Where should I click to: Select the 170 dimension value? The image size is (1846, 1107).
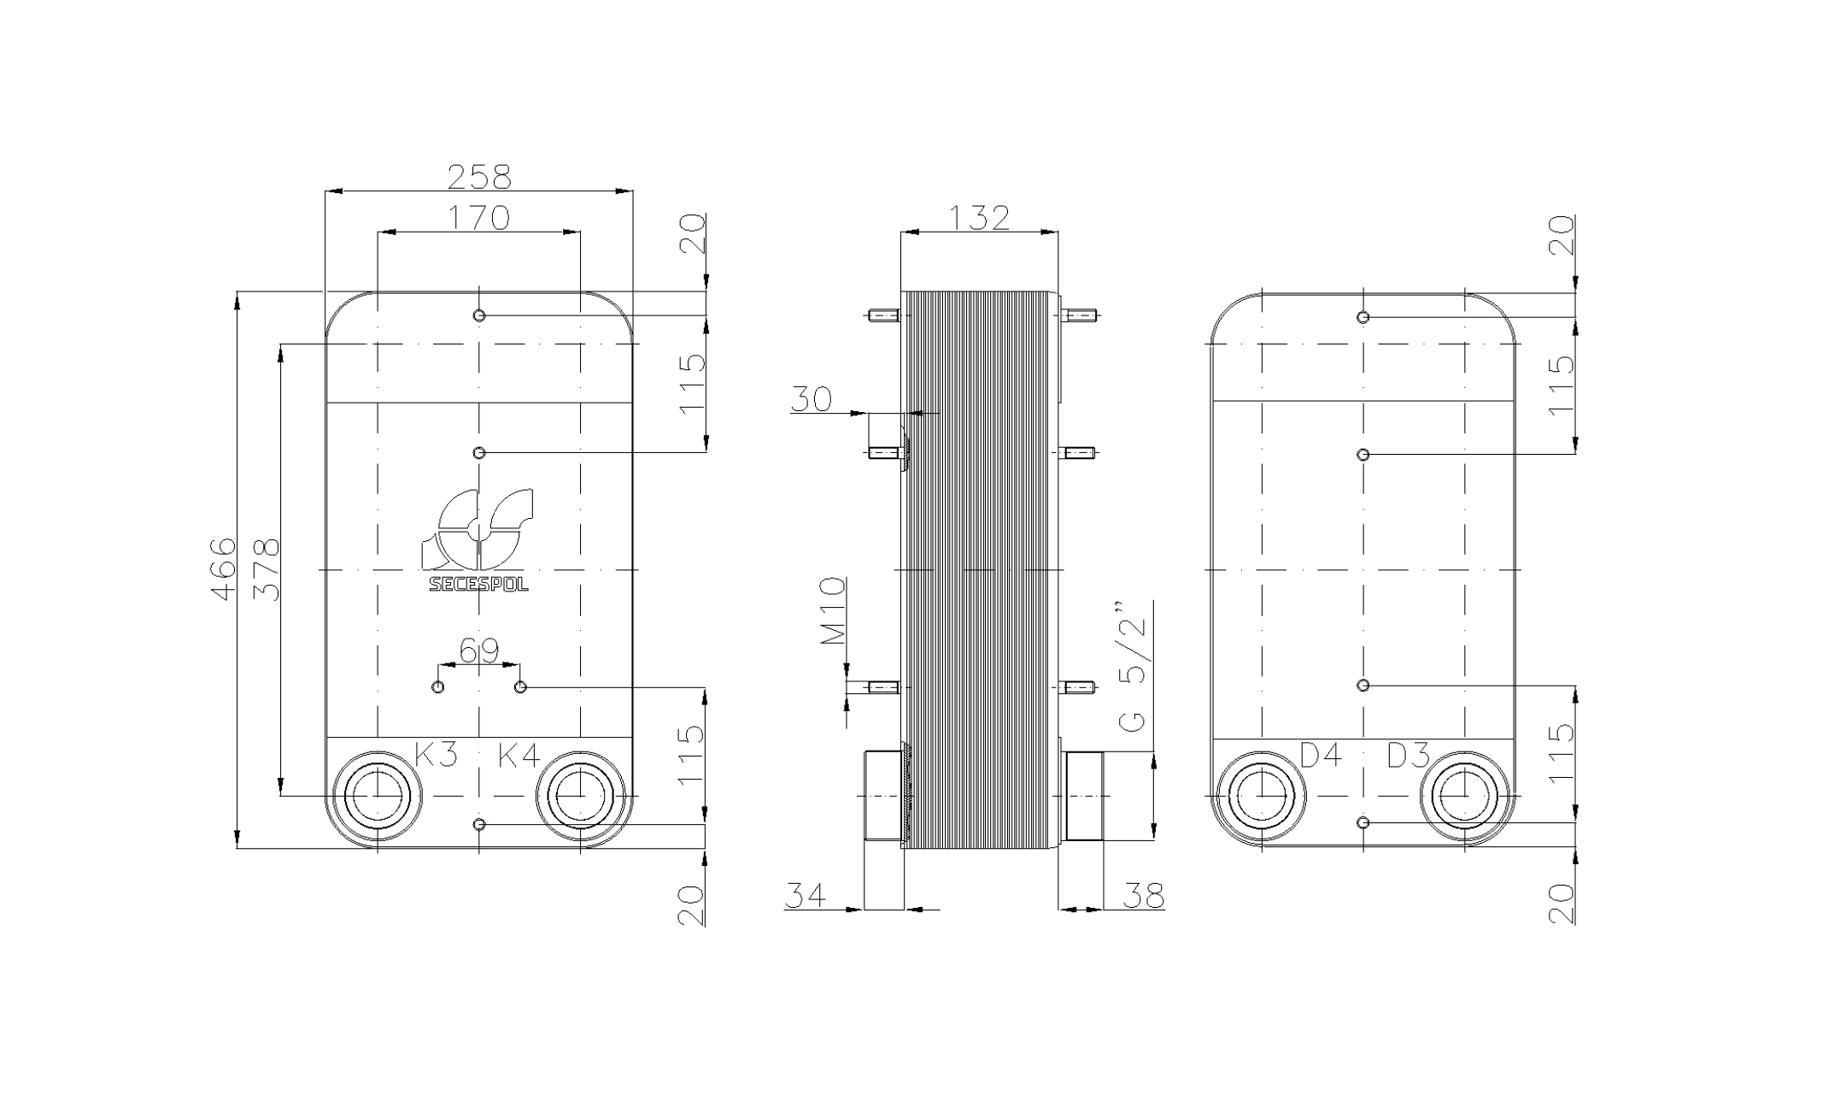coord(479,217)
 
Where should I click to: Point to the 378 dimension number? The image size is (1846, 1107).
coord(267,569)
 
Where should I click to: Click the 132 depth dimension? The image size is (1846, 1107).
coord(979,217)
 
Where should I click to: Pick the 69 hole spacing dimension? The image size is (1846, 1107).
coord(479,651)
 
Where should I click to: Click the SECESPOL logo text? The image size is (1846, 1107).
coord(478,585)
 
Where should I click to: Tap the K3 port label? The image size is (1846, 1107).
coord(437,754)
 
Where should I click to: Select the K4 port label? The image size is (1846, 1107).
coord(519,754)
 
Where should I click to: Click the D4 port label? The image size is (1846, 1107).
coord(1322,754)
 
